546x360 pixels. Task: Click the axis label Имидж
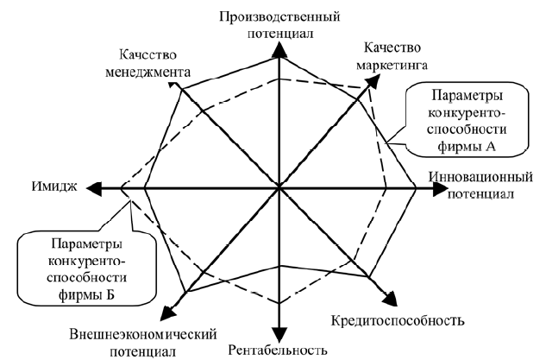(x=54, y=186)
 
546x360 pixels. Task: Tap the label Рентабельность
(x=278, y=350)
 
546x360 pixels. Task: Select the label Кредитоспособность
(x=398, y=320)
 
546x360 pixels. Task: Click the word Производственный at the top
(x=279, y=17)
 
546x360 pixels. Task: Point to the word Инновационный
(x=480, y=177)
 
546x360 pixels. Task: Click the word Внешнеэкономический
(x=143, y=335)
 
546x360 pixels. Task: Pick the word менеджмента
(x=148, y=73)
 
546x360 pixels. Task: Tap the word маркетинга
(x=392, y=66)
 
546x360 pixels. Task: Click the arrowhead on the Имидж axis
(x=94, y=188)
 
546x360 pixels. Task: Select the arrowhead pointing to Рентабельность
(x=279, y=335)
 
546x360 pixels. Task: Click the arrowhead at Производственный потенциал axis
(x=279, y=49)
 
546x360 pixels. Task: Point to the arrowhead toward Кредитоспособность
(x=391, y=300)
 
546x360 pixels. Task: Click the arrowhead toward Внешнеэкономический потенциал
(x=168, y=312)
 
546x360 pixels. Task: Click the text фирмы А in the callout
(x=467, y=147)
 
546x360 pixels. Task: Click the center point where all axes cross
(x=279, y=188)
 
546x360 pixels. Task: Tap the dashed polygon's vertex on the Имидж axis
(x=121, y=188)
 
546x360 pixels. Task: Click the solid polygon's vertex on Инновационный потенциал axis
(x=416, y=188)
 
